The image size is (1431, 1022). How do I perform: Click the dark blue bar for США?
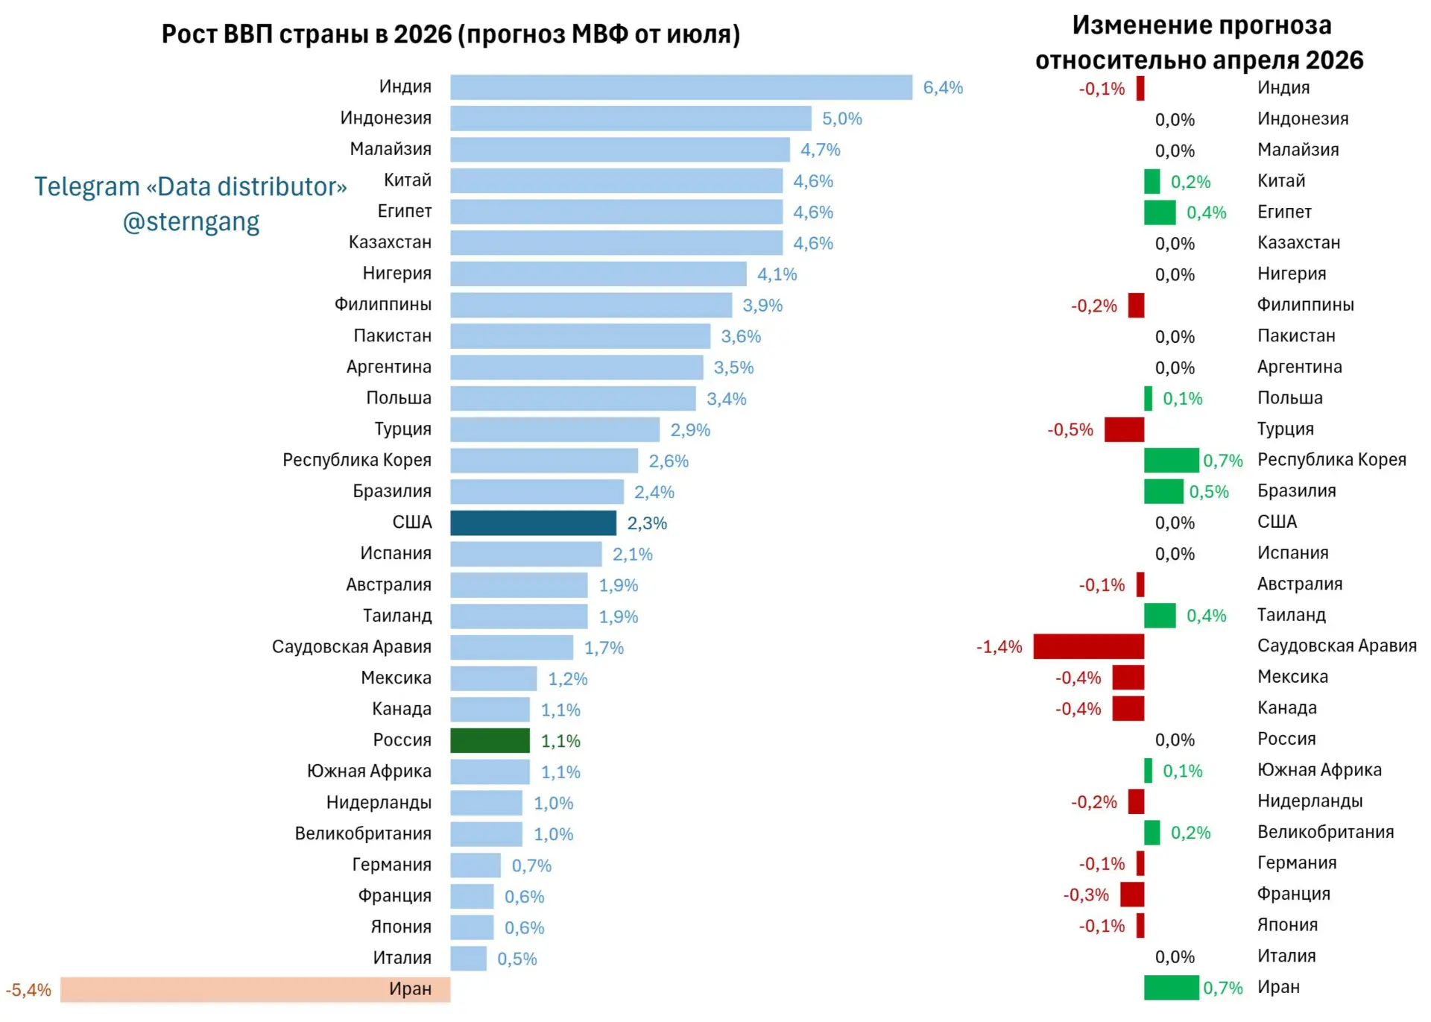click(533, 523)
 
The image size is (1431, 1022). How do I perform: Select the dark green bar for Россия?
click(490, 740)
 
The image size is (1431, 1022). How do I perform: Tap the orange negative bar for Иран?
click(255, 989)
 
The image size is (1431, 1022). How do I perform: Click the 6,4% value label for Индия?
click(943, 87)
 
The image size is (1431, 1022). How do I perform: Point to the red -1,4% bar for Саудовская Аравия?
click(1088, 646)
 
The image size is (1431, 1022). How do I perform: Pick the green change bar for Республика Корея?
click(1172, 460)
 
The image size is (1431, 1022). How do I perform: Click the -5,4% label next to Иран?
click(28, 990)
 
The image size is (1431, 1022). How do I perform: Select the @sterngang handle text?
click(191, 222)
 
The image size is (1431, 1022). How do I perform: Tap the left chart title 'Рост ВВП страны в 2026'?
click(307, 34)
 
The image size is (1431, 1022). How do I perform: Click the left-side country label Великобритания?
click(363, 833)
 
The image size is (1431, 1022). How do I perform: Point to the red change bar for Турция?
click(1124, 429)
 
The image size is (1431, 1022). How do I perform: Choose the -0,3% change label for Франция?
click(1086, 895)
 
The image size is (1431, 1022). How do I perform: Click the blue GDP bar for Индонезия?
click(631, 119)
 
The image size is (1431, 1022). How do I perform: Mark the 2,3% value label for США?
click(647, 523)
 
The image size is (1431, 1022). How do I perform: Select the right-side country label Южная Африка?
click(1319, 770)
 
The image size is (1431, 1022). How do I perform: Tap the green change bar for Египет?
click(1160, 212)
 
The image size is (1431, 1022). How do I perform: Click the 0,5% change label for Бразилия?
click(1209, 492)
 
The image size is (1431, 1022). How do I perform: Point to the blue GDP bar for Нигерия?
click(598, 274)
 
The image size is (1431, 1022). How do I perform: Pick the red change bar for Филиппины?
click(1136, 305)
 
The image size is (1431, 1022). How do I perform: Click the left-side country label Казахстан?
click(390, 242)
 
